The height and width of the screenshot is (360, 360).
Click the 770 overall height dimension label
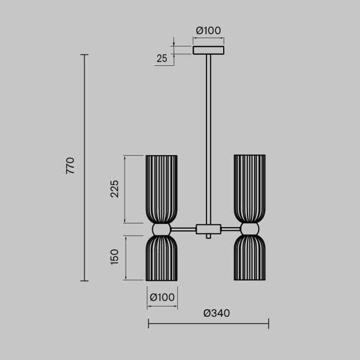70,166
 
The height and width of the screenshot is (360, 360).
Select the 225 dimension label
115,189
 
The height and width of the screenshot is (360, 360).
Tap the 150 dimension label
115,256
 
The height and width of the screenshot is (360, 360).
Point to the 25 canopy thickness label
162,58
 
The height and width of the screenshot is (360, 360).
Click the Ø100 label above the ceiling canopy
208,30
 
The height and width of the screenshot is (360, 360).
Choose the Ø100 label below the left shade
162,297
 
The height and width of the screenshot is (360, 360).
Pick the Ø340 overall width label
217,313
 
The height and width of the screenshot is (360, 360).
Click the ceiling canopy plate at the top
208,50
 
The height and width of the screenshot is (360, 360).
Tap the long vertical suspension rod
208,138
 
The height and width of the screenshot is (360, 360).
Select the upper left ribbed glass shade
162,188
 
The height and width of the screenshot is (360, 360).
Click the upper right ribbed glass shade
249,188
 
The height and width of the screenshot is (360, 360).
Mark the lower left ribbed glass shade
162,258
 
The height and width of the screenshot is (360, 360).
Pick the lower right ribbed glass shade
249,258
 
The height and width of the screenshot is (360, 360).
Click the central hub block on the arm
208,228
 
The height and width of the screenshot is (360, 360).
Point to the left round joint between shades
162,229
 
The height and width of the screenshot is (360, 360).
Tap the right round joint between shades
249,229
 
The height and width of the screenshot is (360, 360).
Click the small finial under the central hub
208,236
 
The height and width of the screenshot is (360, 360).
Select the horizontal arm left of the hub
183,228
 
